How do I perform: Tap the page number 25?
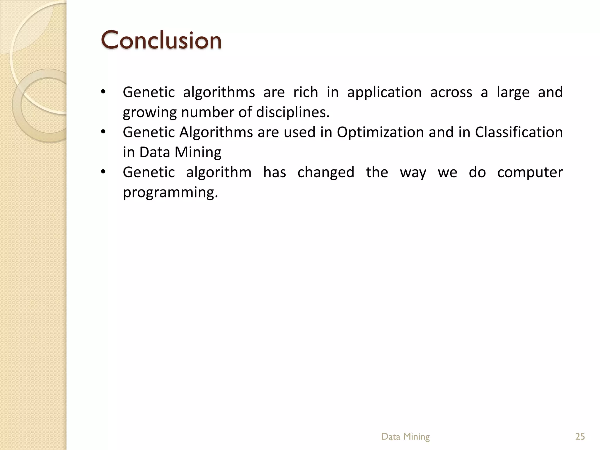(580, 437)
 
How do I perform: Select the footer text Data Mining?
(405, 437)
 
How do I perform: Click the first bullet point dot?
(103, 92)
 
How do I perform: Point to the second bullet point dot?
(103, 132)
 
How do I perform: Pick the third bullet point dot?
(103, 172)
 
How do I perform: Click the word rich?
(306, 92)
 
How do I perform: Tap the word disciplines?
(293, 112)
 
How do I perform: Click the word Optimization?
(380, 132)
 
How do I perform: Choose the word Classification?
(519, 132)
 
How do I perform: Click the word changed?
(326, 172)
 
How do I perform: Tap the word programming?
(170, 193)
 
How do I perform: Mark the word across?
(451, 93)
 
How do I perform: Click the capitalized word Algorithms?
(216, 132)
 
